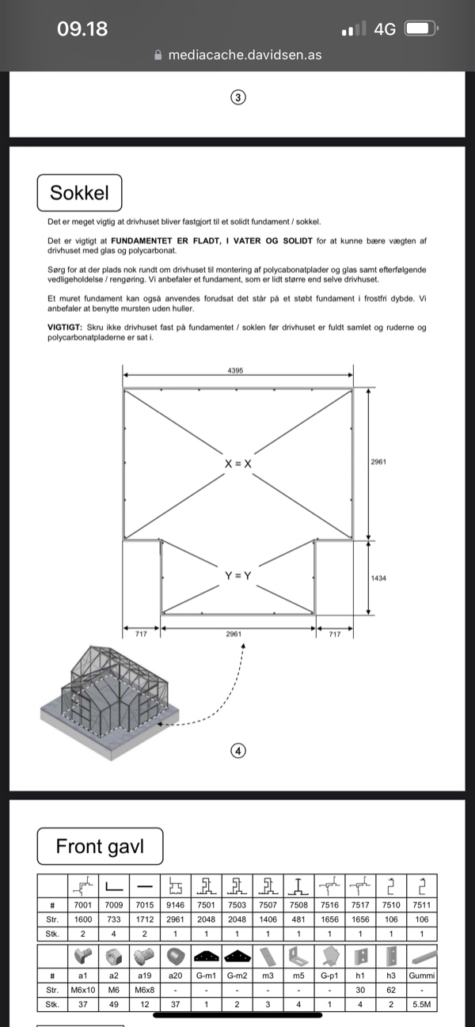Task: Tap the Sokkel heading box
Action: click(79, 193)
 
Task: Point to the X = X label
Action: click(237, 464)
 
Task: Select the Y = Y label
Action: click(237, 576)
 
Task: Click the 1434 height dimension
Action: click(378, 578)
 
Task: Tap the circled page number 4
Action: click(237, 751)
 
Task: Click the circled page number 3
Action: click(237, 97)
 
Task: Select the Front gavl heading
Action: click(100, 847)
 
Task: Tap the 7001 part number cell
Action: click(83, 905)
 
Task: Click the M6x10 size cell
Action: click(83, 991)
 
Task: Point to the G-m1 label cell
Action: click(206, 976)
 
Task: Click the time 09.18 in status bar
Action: click(82, 29)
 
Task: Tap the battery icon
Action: click(420, 29)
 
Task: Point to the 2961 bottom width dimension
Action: click(234, 634)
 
